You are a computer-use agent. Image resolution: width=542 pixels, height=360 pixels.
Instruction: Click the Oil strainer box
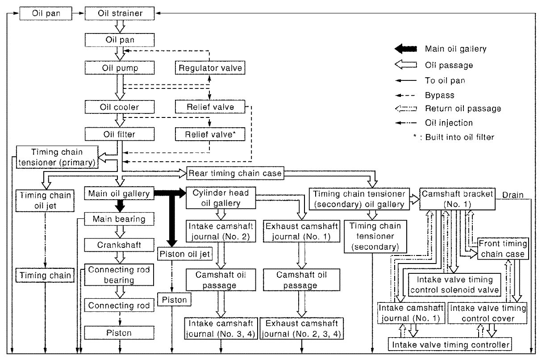point(120,13)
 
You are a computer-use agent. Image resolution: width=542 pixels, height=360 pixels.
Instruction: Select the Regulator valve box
point(210,68)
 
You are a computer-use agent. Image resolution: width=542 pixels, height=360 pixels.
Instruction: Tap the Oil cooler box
point(120,107)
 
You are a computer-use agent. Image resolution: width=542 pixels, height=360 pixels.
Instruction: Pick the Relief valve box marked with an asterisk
point(210,134)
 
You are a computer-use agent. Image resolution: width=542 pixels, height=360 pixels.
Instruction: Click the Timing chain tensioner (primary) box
point(57,157)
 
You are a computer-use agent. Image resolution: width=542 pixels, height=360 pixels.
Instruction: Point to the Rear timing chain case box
point(235,173)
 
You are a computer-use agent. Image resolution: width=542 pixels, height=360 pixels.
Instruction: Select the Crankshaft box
point(119,245)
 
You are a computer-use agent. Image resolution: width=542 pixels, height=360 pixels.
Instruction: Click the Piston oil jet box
point(185,254)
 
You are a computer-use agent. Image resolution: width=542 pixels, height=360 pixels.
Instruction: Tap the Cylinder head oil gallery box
point(221,198)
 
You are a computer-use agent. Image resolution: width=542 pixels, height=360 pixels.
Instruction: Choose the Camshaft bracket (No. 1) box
point(457,199)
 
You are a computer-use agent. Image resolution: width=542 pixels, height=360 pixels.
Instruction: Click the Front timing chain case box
point(503,249)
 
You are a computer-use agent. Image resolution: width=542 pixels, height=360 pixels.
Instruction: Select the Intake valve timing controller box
point(450,344)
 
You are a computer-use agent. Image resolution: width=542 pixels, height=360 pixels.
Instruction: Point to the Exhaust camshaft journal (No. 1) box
point(301,231)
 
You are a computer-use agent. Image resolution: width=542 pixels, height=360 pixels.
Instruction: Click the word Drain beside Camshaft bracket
point(513,195)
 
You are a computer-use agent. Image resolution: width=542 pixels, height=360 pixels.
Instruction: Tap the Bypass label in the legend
point(440,95)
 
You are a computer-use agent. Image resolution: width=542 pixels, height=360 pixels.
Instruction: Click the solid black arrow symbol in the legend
point(406,49)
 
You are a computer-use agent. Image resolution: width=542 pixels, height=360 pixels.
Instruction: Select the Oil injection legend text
point(449,123)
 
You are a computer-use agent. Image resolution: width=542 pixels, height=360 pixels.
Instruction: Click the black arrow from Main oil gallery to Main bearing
point(120,206)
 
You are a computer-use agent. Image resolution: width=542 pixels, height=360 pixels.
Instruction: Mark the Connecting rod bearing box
point(119,275)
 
